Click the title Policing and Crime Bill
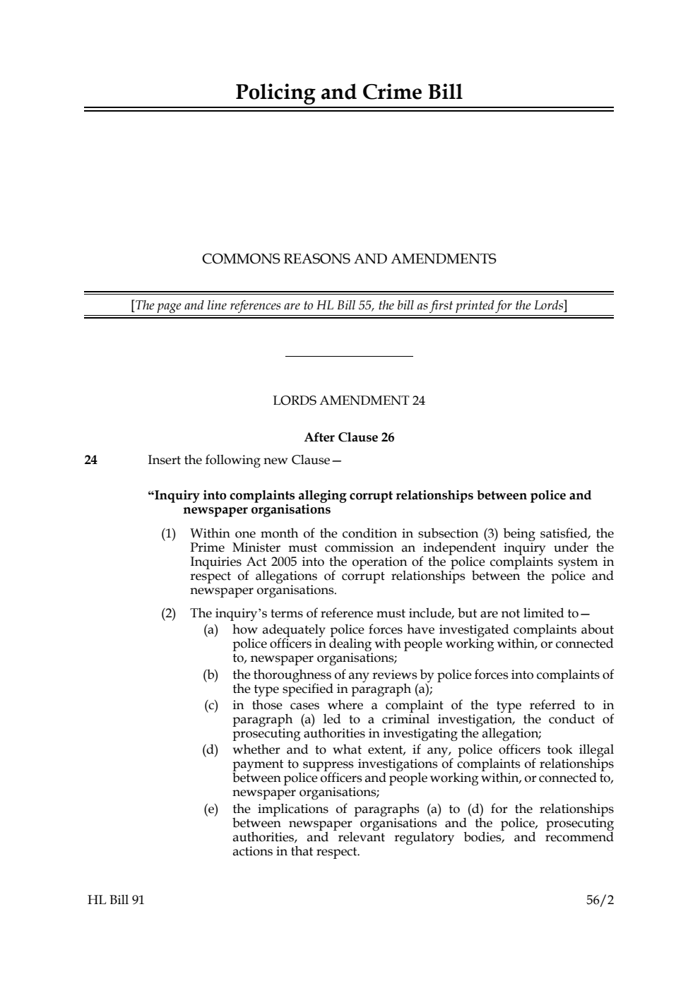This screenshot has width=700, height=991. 349,93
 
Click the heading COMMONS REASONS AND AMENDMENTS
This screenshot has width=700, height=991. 349,259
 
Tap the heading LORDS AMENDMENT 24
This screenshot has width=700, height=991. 349,401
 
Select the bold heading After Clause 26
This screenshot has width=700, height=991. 349,437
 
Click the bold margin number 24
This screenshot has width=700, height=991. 90,461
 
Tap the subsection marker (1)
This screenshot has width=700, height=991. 168,533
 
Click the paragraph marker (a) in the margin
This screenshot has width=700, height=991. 210,629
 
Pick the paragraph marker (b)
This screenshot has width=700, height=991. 210,675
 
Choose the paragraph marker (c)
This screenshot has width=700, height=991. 210,705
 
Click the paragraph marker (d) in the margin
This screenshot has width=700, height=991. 210,749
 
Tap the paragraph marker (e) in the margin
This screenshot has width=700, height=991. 210,809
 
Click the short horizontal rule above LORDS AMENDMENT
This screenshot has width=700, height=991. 349,356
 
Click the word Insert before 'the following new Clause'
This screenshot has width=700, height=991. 164,461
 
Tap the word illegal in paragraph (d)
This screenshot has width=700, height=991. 595,749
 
